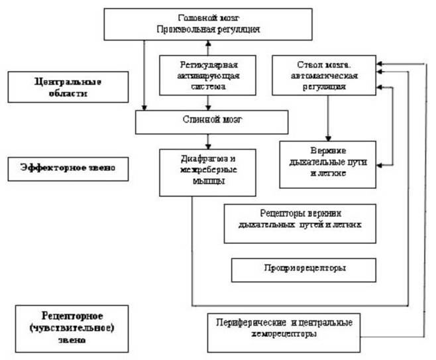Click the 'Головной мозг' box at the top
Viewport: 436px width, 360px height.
point(209,23)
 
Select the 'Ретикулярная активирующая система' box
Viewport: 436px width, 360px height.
point(209,76)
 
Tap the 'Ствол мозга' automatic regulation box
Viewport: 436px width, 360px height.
point(325,76)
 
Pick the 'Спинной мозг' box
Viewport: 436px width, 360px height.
point(211,122)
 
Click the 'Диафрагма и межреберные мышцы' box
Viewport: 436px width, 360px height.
point(207,171)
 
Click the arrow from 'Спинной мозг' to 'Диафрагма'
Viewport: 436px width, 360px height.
point(209,141)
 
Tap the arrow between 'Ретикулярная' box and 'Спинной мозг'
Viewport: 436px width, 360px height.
point(209,103)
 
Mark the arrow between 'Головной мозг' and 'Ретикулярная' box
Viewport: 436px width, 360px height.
point(209,47)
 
